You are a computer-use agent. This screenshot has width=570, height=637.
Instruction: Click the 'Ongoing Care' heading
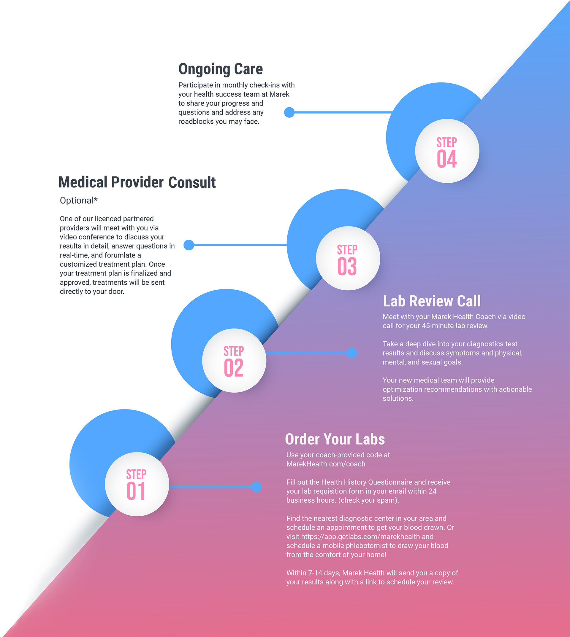(x=221, y=69)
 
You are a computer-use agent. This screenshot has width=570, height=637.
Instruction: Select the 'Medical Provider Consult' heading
(x=137, y=182)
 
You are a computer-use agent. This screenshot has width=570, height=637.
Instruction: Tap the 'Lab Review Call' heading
(x=432, y=301)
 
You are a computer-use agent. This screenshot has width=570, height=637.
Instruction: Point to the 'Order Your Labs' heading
(x=335, y=439)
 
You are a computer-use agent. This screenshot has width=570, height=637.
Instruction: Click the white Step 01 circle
(x=137, y=484)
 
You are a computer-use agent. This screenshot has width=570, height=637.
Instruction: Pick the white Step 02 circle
(x=234, y=360)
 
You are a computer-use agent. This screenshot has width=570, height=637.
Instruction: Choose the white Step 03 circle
(x=348, y=258)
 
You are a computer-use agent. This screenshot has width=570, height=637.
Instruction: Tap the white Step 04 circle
(x=447, y=151)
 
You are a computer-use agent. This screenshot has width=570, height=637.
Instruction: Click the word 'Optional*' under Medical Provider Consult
(x=79, y=200)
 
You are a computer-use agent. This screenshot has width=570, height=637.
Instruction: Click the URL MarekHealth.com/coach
(x=326, y=464)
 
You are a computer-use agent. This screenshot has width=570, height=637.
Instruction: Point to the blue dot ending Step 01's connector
(x=256, y=487)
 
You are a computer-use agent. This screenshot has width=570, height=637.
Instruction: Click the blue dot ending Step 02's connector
(x=352, y=353)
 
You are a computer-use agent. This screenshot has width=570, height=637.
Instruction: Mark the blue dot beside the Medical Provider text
(x=189, y=245)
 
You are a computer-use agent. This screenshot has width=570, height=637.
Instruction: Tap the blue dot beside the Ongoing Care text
(x=289, y=112)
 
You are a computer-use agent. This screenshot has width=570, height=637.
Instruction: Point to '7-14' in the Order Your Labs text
(x=315, y=573)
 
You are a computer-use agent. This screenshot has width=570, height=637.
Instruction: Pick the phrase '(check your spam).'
(x=369, y=500)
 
